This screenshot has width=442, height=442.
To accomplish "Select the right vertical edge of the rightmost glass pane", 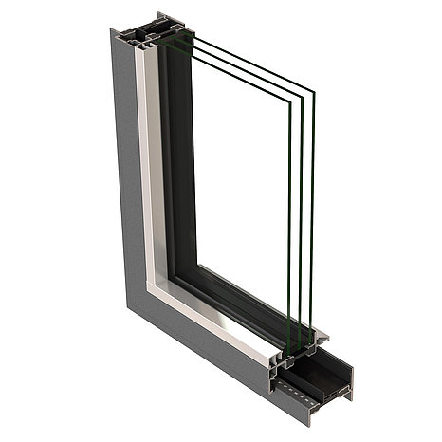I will pos(313,218).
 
